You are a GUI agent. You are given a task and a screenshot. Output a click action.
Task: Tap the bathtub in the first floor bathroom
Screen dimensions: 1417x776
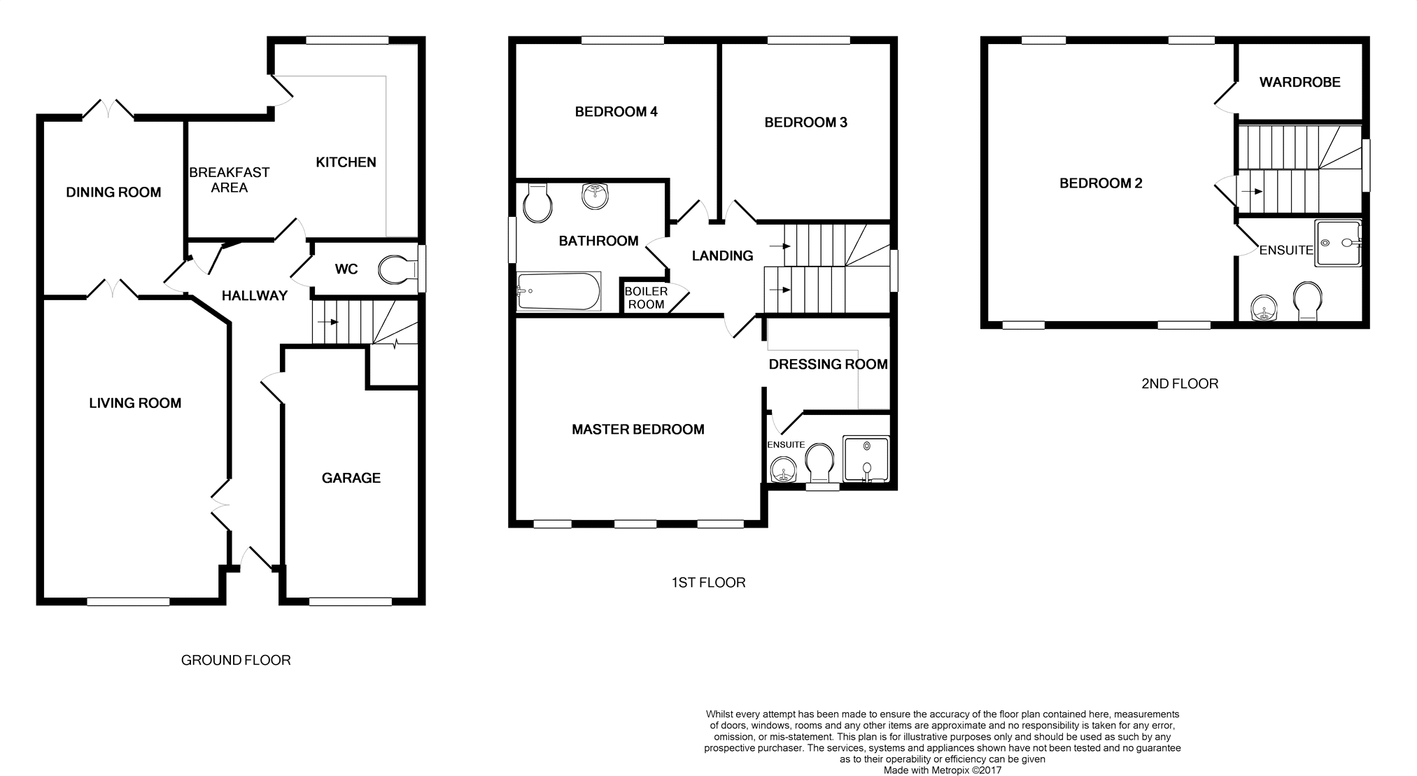click(x=558, y=291)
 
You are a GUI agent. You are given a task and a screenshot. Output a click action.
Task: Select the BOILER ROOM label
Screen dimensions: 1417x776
click(x=646, y=297)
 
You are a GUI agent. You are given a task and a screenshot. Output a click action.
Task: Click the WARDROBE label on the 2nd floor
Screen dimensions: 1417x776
click(x=1299, y=82)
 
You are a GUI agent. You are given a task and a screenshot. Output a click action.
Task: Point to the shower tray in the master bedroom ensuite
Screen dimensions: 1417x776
click(x=866, y=459)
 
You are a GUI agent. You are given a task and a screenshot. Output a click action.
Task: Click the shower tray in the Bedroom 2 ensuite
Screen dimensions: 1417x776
click(x=1338, y=244)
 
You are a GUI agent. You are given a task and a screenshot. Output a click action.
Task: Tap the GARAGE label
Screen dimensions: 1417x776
click(x=351, y=478)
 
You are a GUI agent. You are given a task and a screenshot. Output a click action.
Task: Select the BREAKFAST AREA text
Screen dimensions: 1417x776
click(x=230, y=180)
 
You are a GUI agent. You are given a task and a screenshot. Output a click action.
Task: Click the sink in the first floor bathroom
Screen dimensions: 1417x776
click(x=595, y=196)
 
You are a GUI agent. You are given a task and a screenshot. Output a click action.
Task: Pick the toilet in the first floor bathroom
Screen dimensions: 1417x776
click(x=537, y=203)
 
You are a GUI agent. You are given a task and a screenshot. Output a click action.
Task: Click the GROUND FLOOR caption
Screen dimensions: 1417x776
click(x=236, y=660)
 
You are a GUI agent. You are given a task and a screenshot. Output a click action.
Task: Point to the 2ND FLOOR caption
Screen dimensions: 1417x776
click(x=1180, y=383)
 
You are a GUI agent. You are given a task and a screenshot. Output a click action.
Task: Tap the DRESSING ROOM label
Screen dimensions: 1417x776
click(x=828, y=364)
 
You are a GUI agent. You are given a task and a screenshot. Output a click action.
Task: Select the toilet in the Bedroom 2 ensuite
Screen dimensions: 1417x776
click(x=1307, y=301)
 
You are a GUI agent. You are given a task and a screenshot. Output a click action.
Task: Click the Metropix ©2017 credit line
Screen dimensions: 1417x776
click(x=943, y=770)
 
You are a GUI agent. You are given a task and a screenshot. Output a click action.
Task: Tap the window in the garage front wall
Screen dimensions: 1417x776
click(x=351, y=601)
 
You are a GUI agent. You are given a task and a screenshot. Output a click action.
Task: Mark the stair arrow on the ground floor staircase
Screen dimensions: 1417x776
click(x=327, y=323)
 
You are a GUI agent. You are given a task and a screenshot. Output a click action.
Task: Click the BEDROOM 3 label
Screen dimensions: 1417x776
click(x=805, y=122)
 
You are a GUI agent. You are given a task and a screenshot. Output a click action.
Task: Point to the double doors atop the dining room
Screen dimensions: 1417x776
click(x=108, y=109)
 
